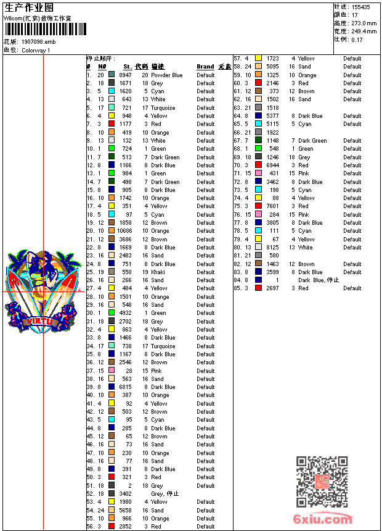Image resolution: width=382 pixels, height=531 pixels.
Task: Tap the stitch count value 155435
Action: [360, 7]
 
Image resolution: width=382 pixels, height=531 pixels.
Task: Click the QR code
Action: [322, 482]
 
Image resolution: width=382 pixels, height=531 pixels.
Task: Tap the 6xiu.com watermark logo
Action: [322, 519]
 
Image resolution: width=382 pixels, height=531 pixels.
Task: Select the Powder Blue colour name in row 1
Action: [167, 75]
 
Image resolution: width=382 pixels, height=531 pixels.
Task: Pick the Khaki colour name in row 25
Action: [158, 272]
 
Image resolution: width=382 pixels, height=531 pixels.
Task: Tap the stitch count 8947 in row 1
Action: [125, 75]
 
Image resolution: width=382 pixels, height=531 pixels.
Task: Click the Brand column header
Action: [205, 67]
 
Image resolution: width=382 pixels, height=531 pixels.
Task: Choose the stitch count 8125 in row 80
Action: [272, 248]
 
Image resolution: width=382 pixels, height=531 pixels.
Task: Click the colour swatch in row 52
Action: [112, 494]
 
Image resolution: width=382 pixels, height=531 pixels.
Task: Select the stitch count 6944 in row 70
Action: [272, 165]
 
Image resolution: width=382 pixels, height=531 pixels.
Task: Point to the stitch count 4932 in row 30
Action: [125, 313]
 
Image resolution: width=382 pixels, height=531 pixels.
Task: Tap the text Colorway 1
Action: [36, 50]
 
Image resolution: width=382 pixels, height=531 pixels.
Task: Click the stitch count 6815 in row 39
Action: [125, 387]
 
